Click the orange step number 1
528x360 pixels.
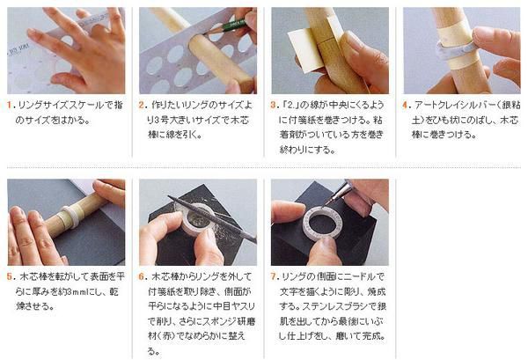pos(9,105)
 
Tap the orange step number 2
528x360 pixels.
pos(142,105)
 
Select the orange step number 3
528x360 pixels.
pos(274,105)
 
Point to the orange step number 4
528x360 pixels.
pos(406,105)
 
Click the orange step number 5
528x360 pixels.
pos(10,276)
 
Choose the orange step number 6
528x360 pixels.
pos(142,276)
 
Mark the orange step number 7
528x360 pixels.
pos(274,276)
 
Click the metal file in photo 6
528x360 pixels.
pos(212,219)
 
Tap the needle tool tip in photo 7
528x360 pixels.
pos(326,205)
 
